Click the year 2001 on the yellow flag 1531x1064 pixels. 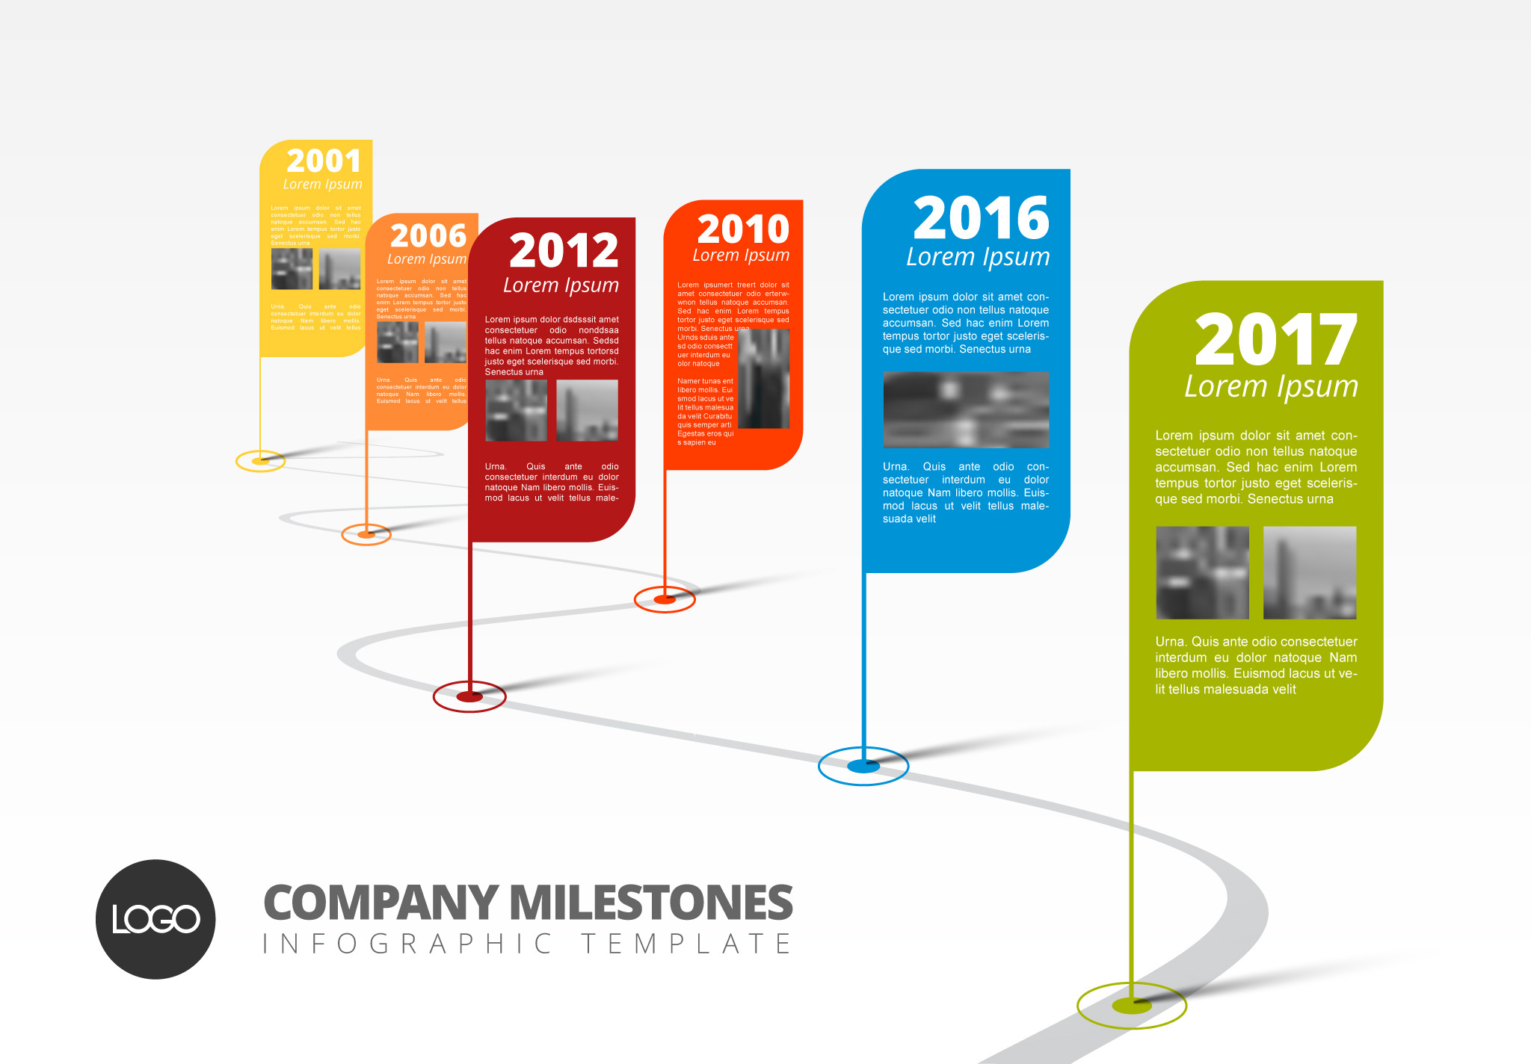[x=324, y=161]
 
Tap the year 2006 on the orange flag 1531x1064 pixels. [x=428, y=236]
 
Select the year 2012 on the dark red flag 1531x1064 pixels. [x=564, y=250]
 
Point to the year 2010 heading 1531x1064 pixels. [x=743, y=229]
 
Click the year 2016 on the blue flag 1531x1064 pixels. [x=981, y=217]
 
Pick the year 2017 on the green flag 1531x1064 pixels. [x=1275, y=340]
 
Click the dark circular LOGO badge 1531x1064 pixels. [x=155, y=919]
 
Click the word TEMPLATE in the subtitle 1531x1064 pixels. [x=686, y=944]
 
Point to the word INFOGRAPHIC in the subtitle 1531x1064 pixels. [x=407, y=944]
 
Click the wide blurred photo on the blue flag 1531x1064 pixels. [x=966, y=409]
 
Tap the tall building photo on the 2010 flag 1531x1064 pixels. [x=764, y=379]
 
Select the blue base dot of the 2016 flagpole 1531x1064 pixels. [x=863, y=766]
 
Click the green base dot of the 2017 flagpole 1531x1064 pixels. [x=1131, y=1005]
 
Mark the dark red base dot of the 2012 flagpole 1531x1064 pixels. [x=469, y=696]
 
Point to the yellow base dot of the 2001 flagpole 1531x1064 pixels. [x=260, y=461]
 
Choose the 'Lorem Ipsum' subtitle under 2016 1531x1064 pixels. [x=978, y=257]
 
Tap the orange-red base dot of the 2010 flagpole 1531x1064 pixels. [x=665, y=598]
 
